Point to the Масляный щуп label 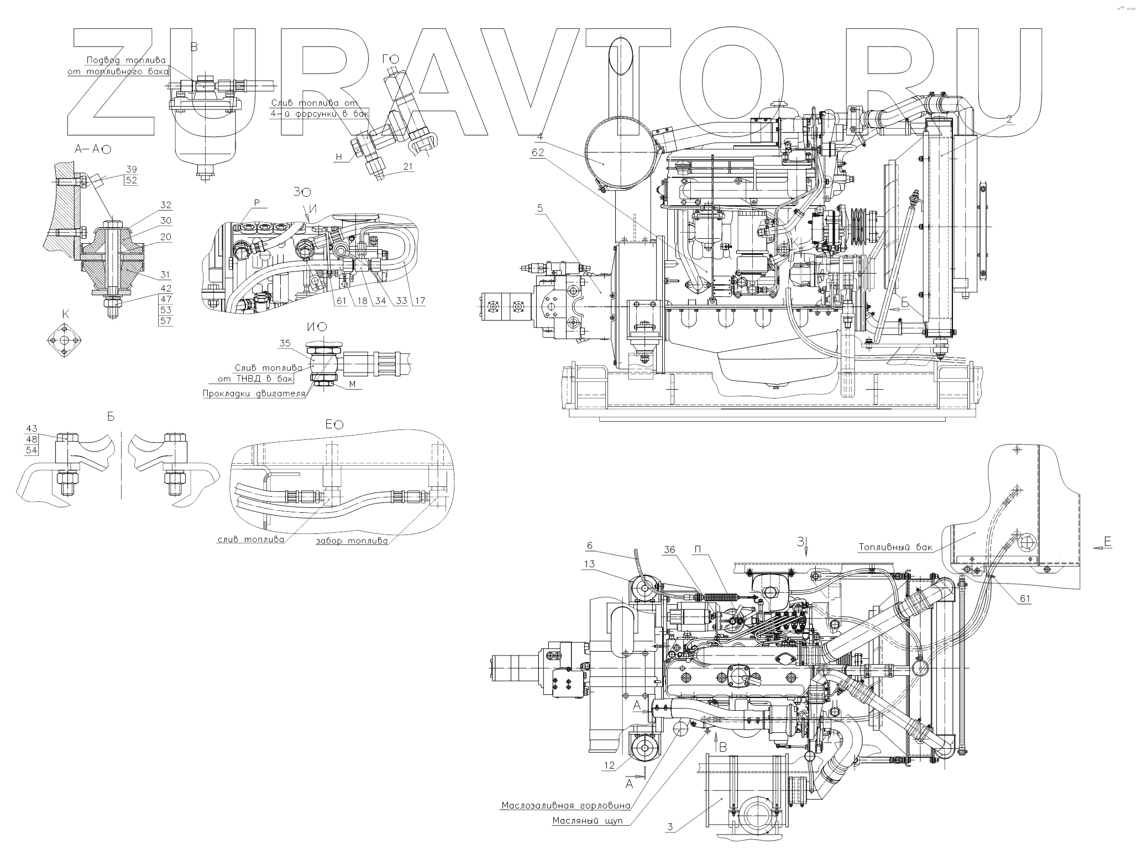click(588, 821)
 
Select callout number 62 click(538, 151)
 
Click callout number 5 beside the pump click(540, 208)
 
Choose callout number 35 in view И click(285, 343)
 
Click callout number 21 click(408, 167)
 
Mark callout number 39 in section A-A click(132, 169)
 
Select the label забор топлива click(351, 541)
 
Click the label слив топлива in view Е click(250, 539)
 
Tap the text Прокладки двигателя click(254, 394)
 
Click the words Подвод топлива click(126, 60)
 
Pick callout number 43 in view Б click(32, 429)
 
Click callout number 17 click(420, 301)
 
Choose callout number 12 click(609, 765)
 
